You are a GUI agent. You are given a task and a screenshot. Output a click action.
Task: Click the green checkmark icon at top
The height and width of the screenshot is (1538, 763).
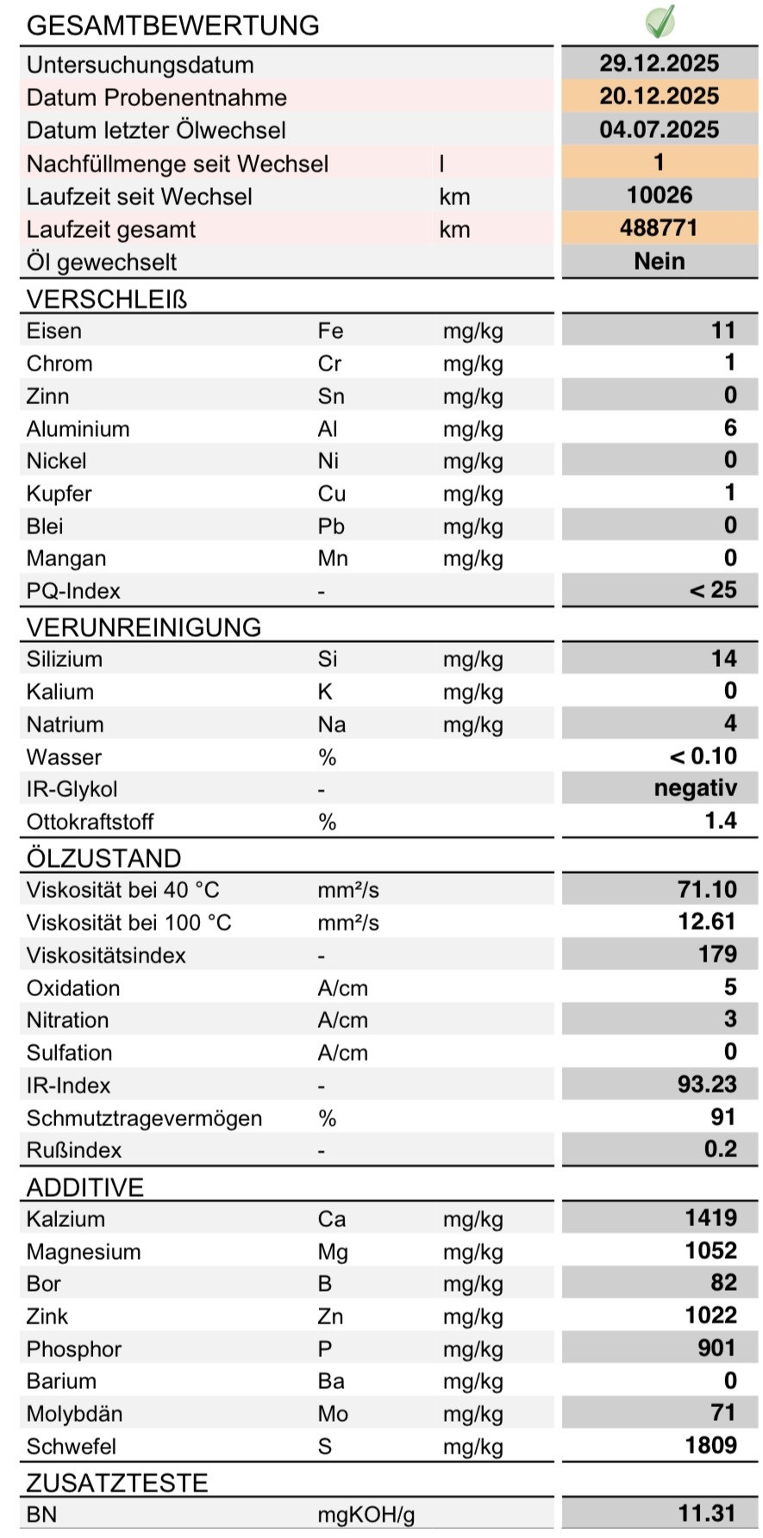[660, 22]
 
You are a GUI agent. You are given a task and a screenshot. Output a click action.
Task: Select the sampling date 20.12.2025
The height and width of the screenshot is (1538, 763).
[660, 97]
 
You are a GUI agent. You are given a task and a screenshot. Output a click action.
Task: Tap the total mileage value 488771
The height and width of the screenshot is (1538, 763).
[659, 228]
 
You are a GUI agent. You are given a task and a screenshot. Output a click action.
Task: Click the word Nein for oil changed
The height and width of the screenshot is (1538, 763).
[659, 261]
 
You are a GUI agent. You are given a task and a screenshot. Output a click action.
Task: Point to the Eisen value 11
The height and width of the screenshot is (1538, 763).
[722, 331]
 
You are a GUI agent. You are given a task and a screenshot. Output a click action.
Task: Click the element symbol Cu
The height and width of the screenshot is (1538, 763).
[331, 494]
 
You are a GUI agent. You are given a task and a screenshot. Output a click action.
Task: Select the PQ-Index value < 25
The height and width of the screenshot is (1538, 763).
[712, 590]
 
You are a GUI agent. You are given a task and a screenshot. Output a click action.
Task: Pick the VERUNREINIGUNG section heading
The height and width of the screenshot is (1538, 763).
[143, 627]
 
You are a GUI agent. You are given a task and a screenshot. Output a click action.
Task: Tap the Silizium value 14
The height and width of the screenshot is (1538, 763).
[723, 659]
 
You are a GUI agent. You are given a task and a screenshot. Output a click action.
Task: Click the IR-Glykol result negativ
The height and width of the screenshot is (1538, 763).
[695, 788]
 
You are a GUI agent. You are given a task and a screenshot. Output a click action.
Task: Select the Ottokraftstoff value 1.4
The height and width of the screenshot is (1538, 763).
[720, 820]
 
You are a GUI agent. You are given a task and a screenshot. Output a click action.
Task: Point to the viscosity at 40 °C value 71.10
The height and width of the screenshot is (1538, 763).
[707, 889]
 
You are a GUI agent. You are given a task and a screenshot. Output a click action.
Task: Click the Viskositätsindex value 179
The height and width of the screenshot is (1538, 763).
[717, 955]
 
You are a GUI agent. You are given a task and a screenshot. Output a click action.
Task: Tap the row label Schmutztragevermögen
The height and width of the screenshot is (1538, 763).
[144, 1118]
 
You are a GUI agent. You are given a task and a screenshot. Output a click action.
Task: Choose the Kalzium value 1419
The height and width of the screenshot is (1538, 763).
[710, 1218]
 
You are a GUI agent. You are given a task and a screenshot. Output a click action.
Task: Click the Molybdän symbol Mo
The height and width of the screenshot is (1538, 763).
[333, 1414]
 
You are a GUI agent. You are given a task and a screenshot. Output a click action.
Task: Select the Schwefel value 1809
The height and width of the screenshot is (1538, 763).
[710, 1446]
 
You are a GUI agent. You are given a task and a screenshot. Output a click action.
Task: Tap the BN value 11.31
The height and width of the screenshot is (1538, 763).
[706, 1513]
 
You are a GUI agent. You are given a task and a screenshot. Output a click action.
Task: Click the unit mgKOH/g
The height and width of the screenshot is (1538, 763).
[366, 1515]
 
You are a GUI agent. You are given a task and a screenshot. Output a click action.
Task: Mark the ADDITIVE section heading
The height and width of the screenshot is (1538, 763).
[84, 1187]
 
